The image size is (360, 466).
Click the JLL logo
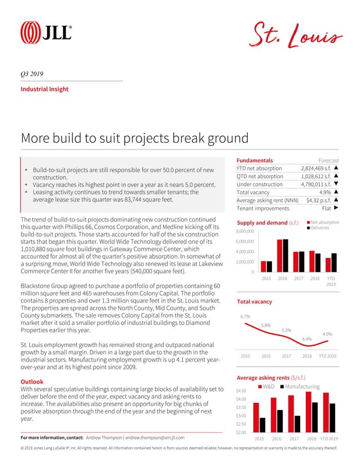coord(46,32)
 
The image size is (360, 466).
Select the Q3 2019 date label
coord(32,74)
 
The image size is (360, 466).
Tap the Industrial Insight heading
coord(45,89)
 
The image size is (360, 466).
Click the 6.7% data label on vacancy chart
coord(245,316)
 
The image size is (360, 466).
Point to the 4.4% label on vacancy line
coord(307,338)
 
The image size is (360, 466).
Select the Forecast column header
coord(329,160)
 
